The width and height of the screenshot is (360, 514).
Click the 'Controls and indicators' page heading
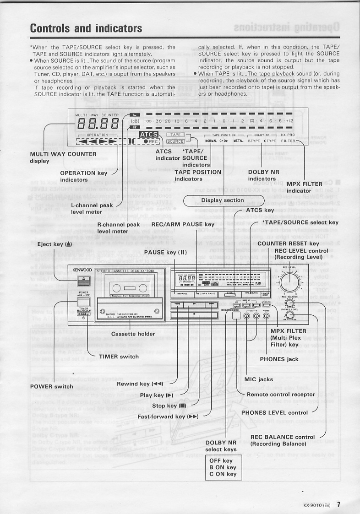pos(86,28)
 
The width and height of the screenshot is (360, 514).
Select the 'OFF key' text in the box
pos(221,461)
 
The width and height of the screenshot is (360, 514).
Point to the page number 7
pos(338,505)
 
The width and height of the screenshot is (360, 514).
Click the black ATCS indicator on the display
pos(148,135)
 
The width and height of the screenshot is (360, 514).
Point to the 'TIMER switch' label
pos(119,357)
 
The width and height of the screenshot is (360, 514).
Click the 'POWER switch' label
pos(51,386)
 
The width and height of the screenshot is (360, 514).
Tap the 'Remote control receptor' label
pos(281,395)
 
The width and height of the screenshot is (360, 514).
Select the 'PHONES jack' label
pos(279,359)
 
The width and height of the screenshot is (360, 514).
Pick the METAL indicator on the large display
pos(238,141)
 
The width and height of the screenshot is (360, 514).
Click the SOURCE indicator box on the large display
pos(175,141)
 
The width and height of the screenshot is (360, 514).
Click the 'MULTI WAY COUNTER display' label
pos(63,157)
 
